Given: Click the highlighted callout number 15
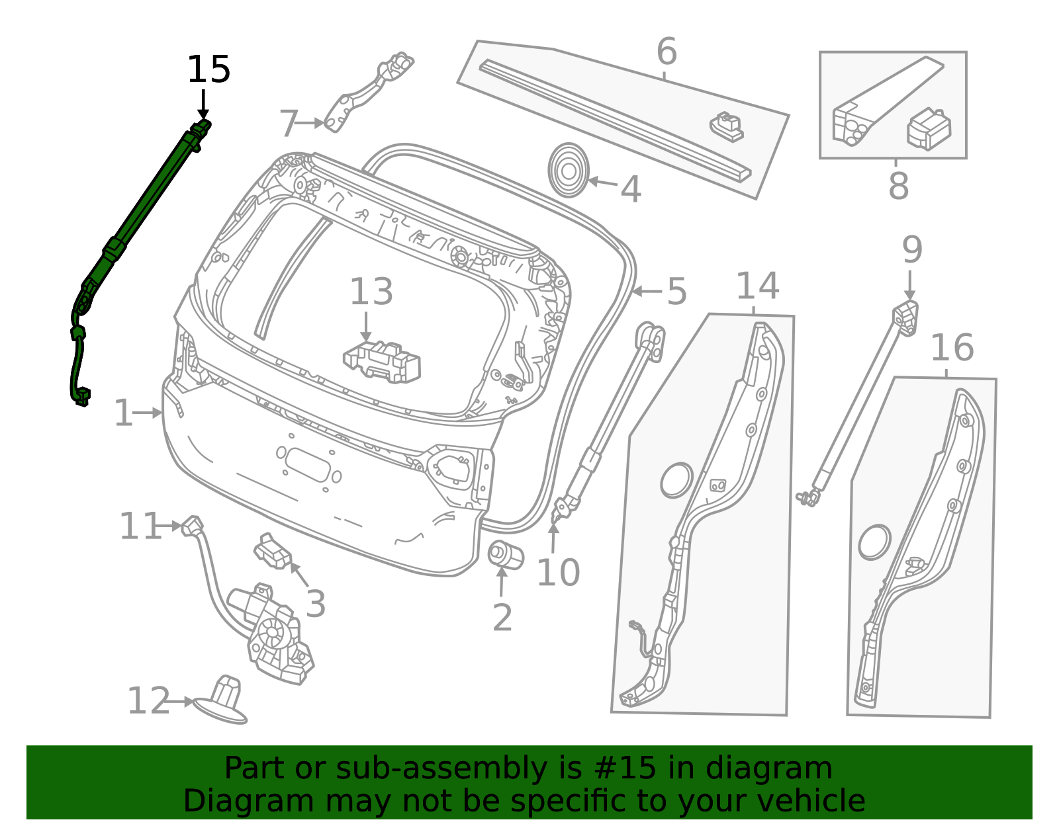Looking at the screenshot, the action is (208, 69).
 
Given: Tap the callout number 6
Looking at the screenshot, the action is (667, 51).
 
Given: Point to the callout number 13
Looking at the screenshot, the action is (371, 292).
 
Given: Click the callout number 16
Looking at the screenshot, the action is (952, 348).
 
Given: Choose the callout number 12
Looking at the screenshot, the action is (149, 701).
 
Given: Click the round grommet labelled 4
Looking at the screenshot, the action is (569, 171).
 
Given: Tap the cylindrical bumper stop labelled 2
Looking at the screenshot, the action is (506, 555).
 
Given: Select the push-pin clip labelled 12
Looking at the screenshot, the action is (222, 701).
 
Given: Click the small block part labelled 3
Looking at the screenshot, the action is (272, 552).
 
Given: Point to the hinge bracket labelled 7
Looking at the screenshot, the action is (368, 93).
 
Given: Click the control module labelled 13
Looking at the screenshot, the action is (382, 362).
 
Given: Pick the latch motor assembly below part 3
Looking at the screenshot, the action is (271, 634).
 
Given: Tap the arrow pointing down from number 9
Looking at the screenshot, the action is (910, 285).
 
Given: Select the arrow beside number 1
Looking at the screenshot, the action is (147, 413).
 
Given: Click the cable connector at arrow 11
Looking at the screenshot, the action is (192, 526).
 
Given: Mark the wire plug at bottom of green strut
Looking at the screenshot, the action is (82, 397).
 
